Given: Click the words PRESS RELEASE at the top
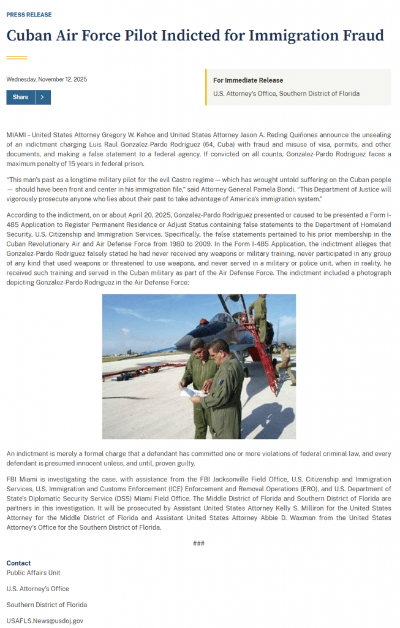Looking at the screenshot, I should [x=29, y=15].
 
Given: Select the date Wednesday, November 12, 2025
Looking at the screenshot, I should [x=47, y=80].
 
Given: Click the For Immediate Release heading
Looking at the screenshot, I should [x=248, y=80].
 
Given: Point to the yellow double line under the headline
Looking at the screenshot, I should [x=17, y=58].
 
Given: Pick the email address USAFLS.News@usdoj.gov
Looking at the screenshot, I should [x=45, y=621].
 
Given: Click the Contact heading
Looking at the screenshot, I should [x=18, y=563].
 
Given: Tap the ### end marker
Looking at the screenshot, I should [x=198, y=543].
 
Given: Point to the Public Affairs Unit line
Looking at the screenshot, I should [x=33, y=573].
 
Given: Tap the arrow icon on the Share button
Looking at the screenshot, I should [x=42, y=98].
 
